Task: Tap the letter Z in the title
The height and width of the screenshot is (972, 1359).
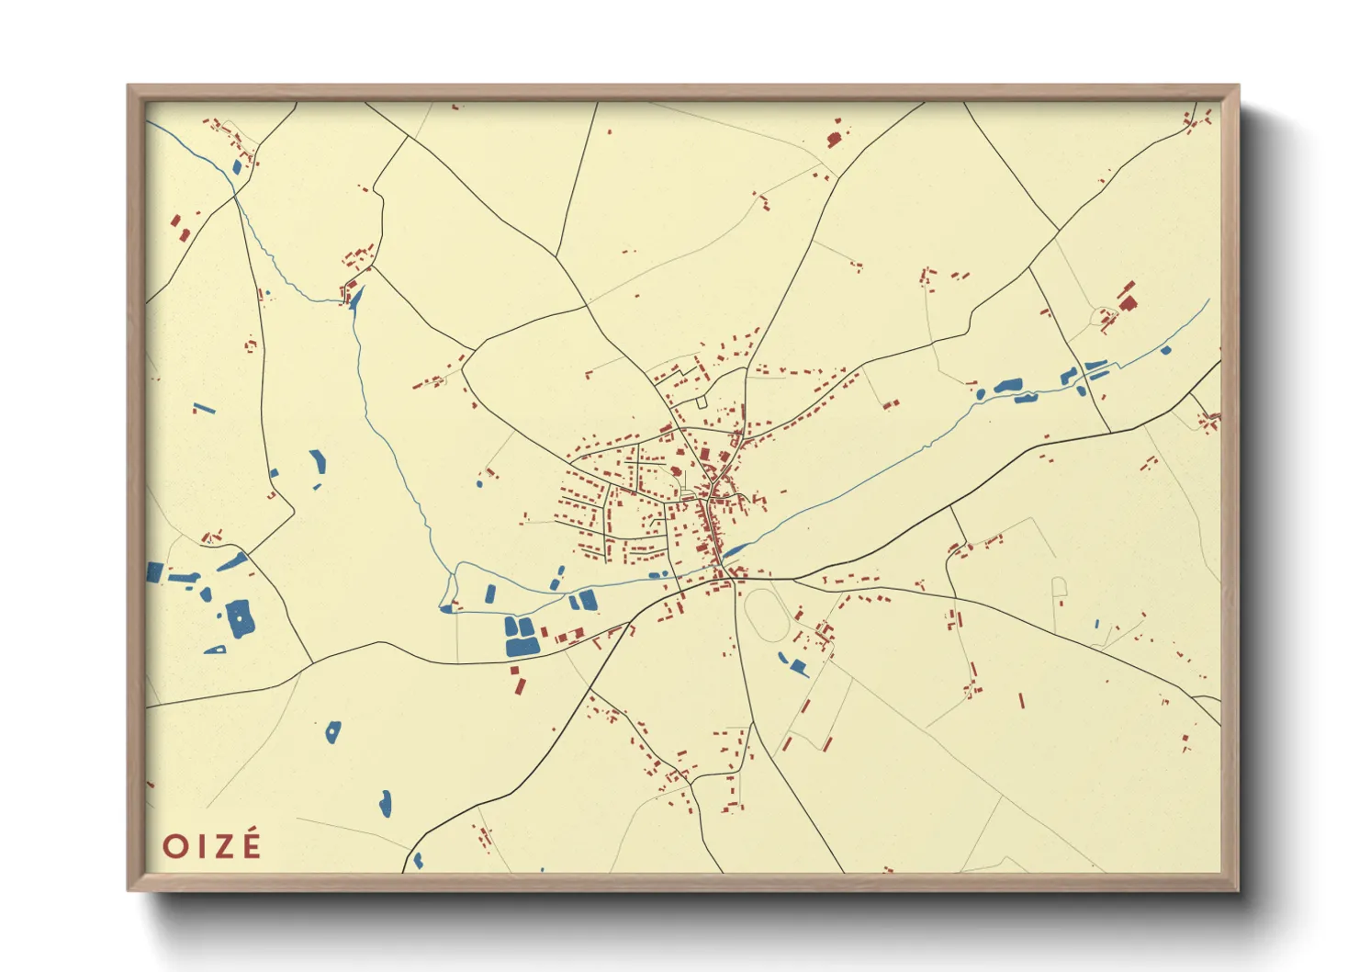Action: click(224, 846)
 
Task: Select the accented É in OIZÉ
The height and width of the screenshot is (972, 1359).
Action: click(251, 844)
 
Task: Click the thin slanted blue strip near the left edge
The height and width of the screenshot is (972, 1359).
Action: click(204, 408)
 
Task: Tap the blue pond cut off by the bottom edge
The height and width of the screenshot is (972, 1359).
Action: click(418, 862)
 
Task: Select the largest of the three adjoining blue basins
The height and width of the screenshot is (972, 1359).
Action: click(522, 646)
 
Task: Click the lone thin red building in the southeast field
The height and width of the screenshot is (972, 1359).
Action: click(1021, 700)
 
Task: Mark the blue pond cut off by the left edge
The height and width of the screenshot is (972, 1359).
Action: click(154, 572)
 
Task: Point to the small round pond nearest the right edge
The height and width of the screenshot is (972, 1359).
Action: click(1166, 349)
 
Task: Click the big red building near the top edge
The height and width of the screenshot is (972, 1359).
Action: click(834, 140)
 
